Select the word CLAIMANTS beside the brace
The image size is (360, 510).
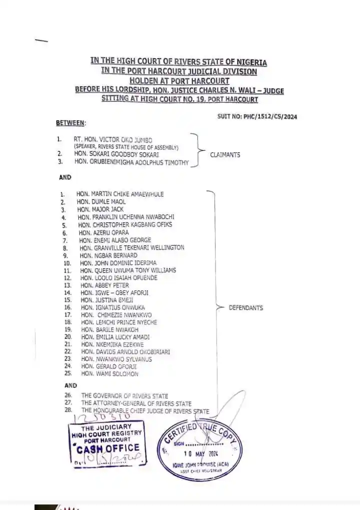[x=225, y=155]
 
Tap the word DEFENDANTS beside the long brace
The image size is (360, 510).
[x=245, y=308]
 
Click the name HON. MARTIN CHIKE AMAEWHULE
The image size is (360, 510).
[x=120, y=194]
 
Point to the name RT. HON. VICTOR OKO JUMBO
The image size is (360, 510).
[x=112, y=139]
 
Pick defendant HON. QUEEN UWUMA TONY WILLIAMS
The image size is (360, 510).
[x=128, y=270]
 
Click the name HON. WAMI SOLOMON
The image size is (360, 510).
[x=110, y=374]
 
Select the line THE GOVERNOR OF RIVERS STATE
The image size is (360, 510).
[x=124, y=396]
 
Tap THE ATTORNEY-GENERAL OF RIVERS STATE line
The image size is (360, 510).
[x=136, y=403]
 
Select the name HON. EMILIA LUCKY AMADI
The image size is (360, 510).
[x=115, y=337]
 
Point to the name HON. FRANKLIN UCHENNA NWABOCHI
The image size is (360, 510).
[x=126, y=217]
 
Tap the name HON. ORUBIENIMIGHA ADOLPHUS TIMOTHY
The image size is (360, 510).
[x=131, y=162]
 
